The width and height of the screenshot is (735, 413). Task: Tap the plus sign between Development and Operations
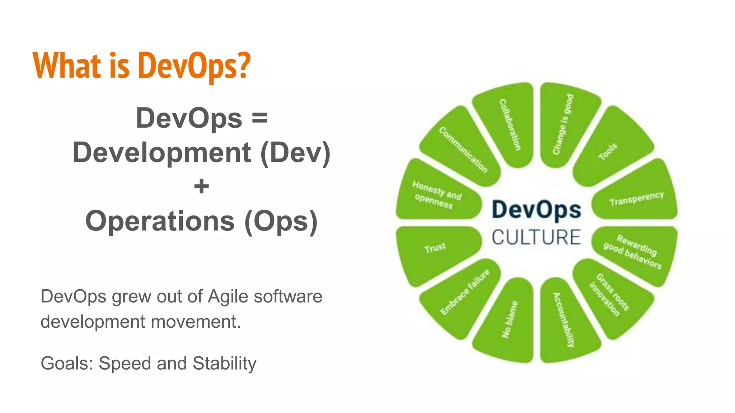[201, 186]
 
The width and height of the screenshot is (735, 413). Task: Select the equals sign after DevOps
[259, 118]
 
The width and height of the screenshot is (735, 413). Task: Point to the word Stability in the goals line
[224, 363]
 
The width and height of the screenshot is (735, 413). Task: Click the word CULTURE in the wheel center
[536, 237]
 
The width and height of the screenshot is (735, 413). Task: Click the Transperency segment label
[636, 198]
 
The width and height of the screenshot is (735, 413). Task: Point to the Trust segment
[435, 248]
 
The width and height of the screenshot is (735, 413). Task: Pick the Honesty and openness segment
[436, 195]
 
